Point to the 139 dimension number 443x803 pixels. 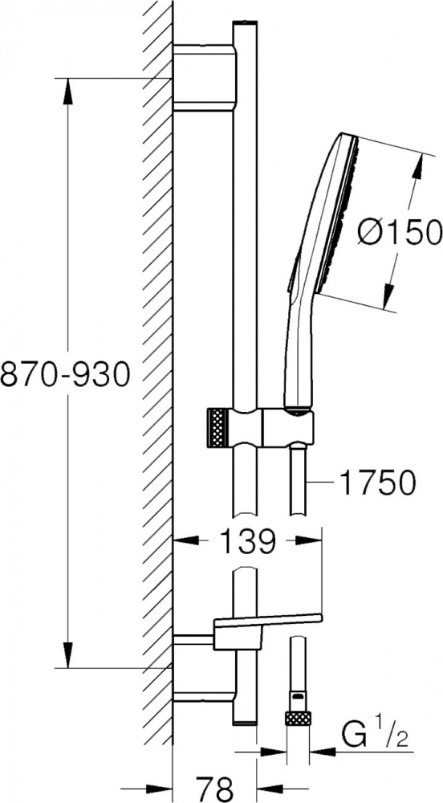[x=249, y=540]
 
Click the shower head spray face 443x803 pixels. [x=338, y=215]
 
